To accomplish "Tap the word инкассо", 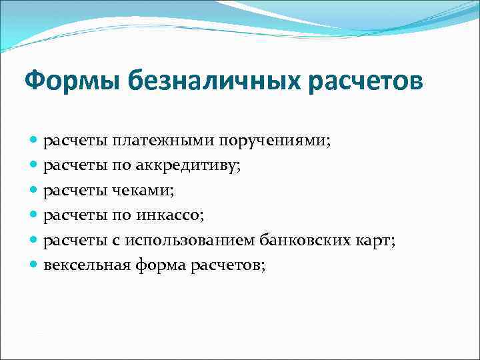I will [175, 216].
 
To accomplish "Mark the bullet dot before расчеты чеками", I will [35, 191].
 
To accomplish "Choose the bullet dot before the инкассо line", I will [35, 216].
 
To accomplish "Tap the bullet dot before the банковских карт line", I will [35, 241].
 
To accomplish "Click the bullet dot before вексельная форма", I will [35, 265].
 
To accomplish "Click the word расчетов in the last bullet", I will [227, 265].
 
